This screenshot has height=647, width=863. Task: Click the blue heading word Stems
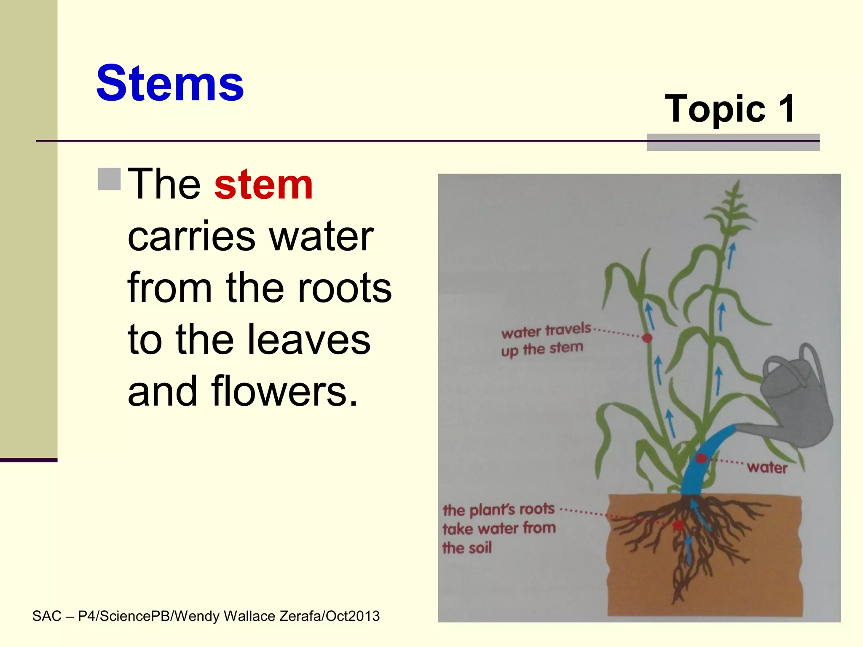pyautogui.click(x=170, y=83)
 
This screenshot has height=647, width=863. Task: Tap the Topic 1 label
pyautogui.click(x=730, y=109)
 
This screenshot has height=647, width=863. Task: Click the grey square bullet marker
pyautogui.click(x=109, y=179)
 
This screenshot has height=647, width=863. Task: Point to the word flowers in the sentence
pyautogui.click(x=284, y=392)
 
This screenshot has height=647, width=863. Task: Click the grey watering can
pyautogui.click(x=794, y=400)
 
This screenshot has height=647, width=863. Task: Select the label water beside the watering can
pyautogui.click(x=767, y=468)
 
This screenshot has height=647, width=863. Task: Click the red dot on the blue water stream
pyautogui.click(x=701, y=458)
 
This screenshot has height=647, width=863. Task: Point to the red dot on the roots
pyautogui.click(x=678, y=525)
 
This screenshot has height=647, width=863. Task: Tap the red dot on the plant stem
pyautogui.click(x=647, y=338)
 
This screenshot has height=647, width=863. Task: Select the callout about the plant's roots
pyautogui.click(x=499, y=528)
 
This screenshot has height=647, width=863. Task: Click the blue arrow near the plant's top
pyautogui.click(x=732, y=255)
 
